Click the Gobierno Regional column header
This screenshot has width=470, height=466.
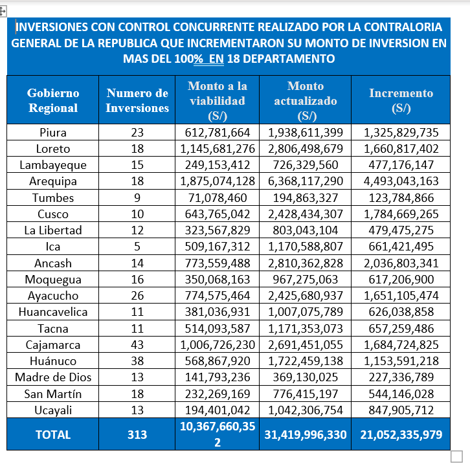[x=53, y=100]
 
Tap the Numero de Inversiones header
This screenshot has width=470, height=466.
[x=137, y=100]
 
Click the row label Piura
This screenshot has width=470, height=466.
[x=53, y=133]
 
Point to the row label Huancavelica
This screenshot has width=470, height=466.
[x=53, y=312]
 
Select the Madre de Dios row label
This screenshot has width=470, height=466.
[x=53, y=377]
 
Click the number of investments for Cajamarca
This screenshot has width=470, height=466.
[x=137, y=345]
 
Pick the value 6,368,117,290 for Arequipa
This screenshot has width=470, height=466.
[x=306, y=181]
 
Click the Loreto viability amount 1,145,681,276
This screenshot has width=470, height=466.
[x=218, y=149]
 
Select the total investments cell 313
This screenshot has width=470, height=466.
[x=137, y=435]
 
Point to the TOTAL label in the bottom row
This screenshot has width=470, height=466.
[x=53, y=435]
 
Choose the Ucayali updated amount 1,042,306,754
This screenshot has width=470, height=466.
[x=306, y=410]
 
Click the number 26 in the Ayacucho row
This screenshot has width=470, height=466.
[x=137, y=296]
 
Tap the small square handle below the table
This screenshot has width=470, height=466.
[x=456, y=456]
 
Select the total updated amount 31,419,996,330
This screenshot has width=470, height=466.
[x=306, y=435]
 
